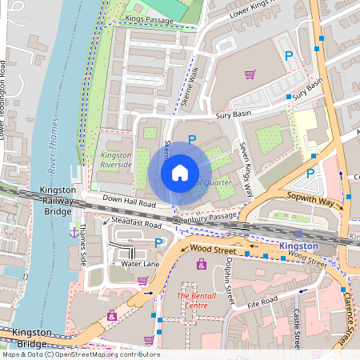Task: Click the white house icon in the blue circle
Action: [x=180, y=173]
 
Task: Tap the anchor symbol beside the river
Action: [x=74, y=232]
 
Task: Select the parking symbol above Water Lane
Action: [x=158, y=242]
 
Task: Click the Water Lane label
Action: [x=140, y=263]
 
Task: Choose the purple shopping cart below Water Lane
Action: [x=142, y=281]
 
